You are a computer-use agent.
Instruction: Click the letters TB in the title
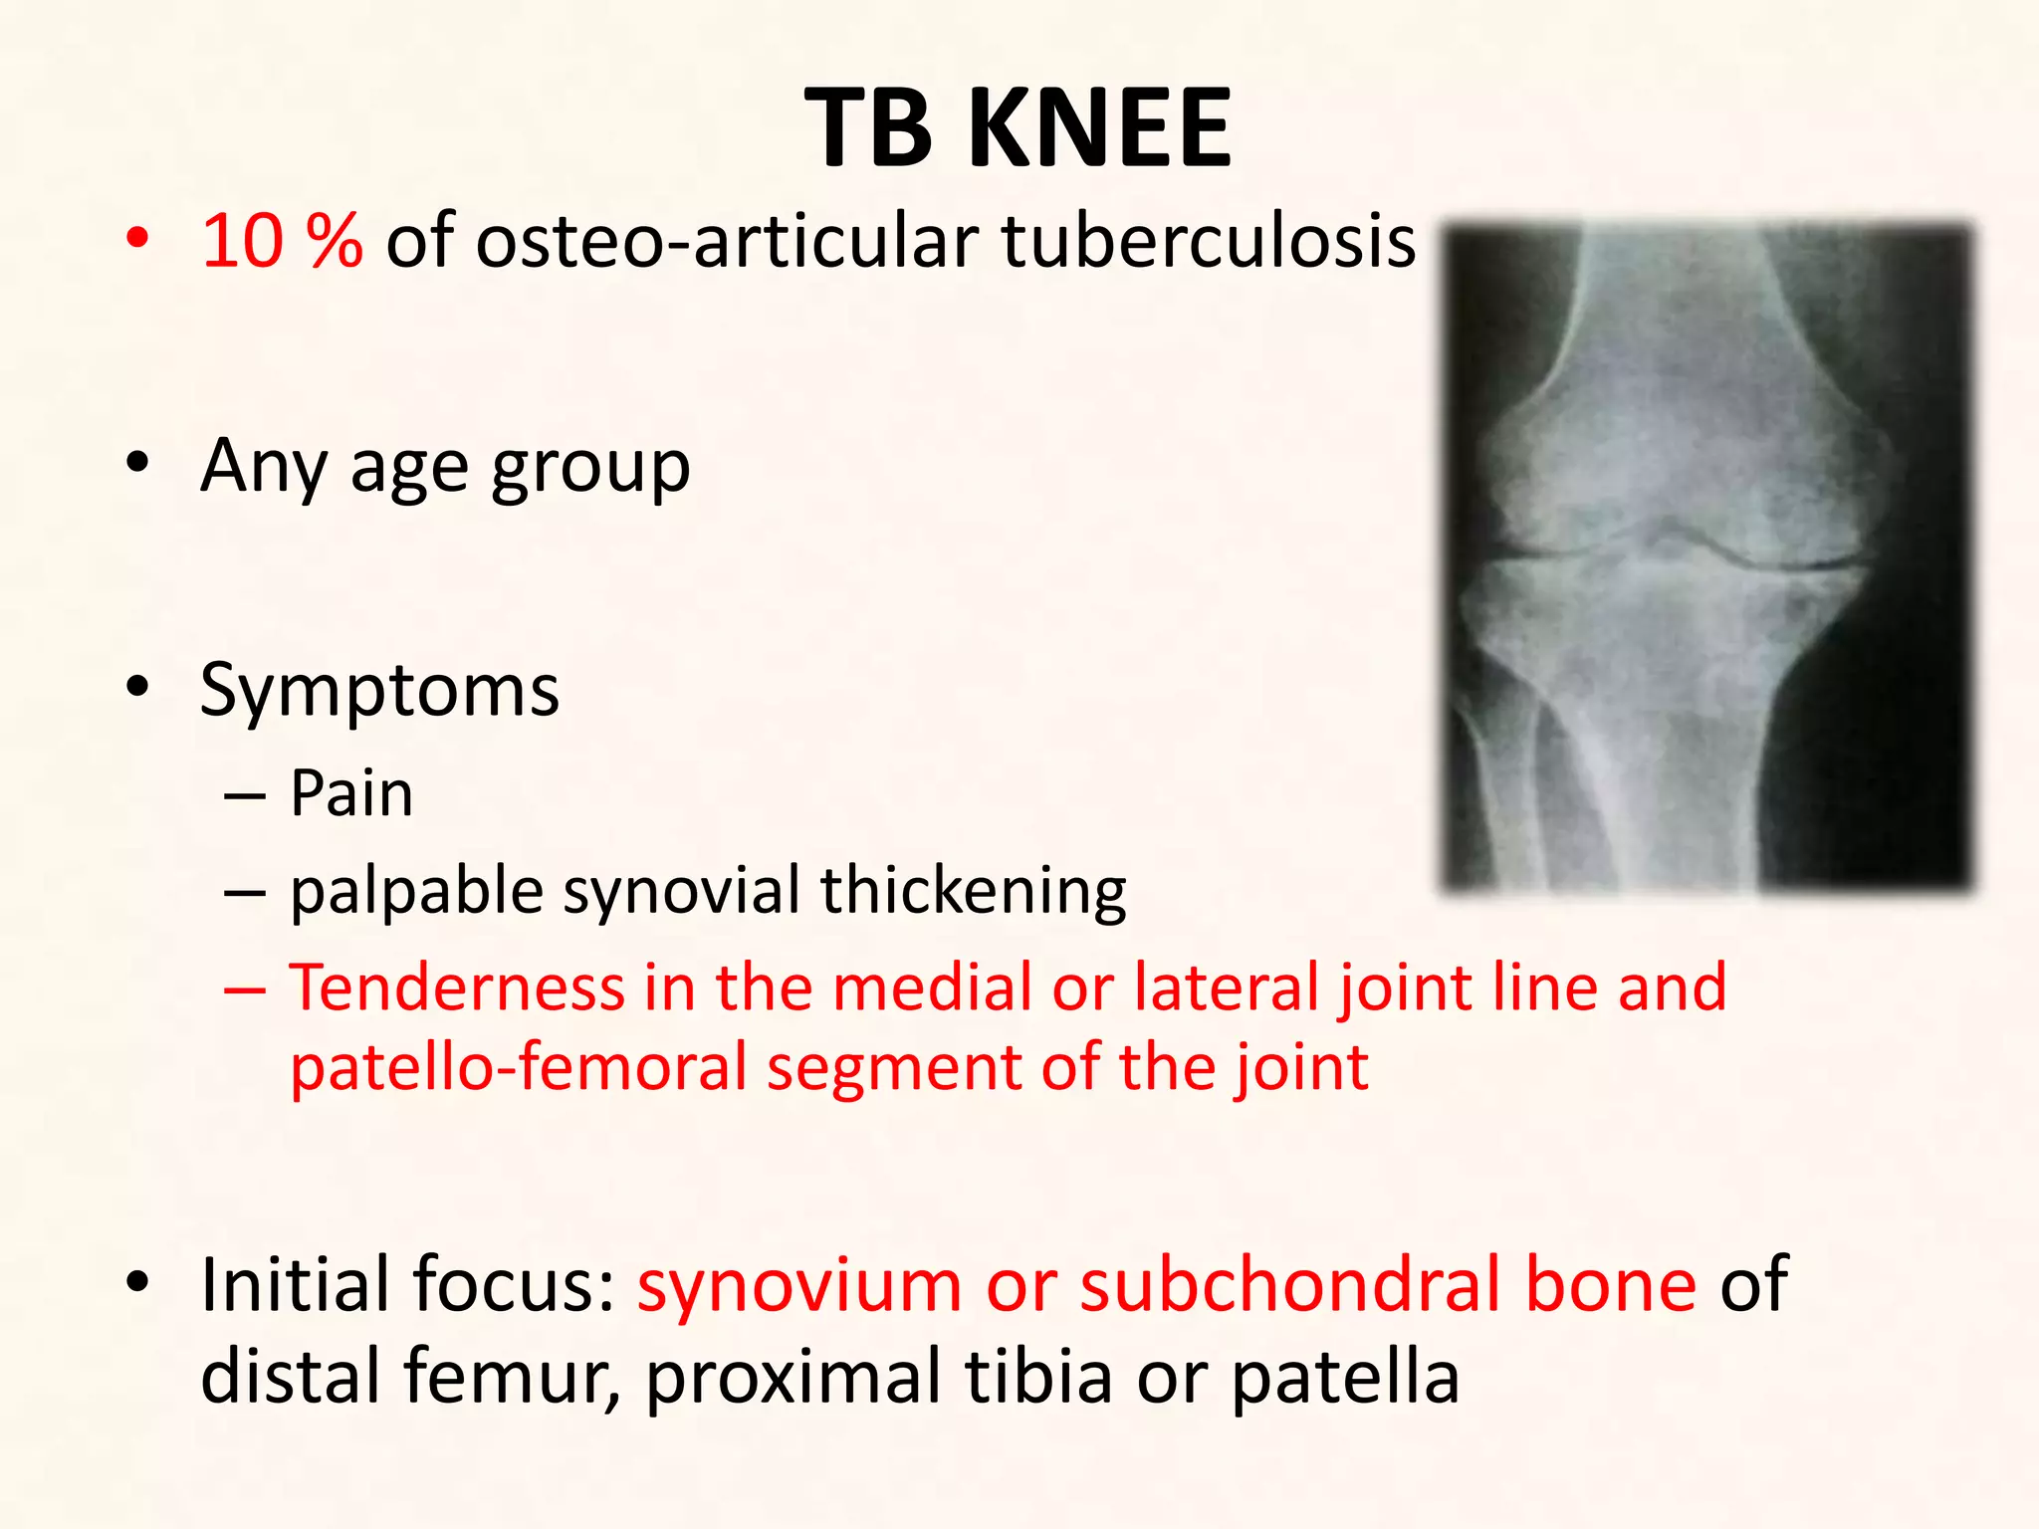868,127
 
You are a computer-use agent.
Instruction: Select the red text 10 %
282,242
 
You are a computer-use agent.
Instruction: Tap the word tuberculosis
1208,242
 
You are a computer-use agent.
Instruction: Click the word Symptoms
379,690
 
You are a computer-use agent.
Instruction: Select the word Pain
351,794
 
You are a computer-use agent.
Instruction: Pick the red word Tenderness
457,987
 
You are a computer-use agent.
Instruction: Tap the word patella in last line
1345,1377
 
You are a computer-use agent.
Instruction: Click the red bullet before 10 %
137,239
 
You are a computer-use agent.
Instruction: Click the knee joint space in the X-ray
1673,552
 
